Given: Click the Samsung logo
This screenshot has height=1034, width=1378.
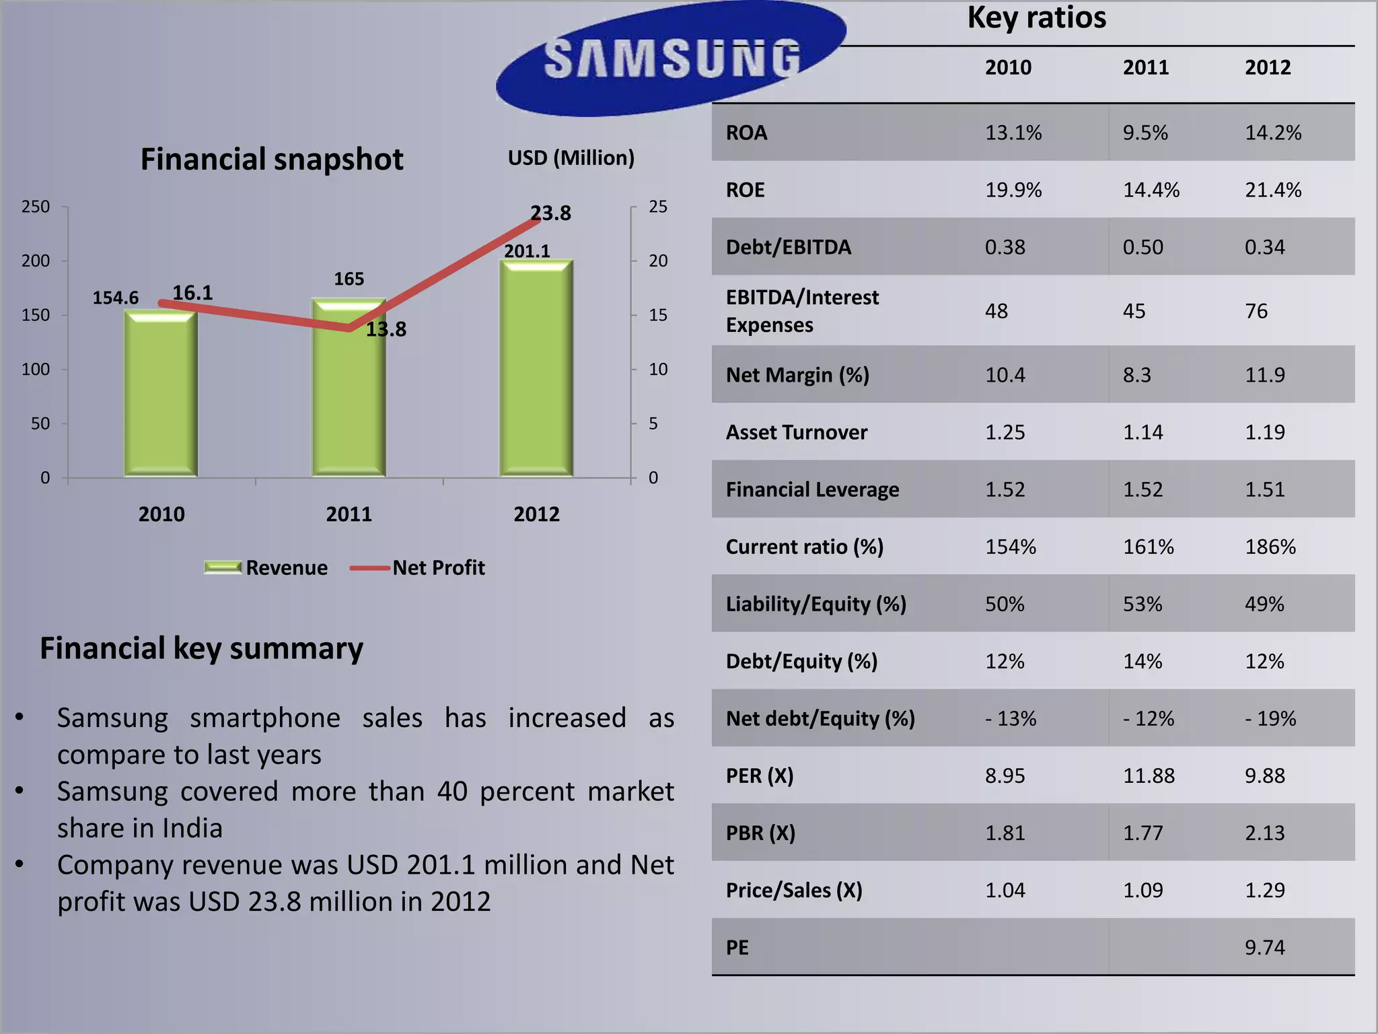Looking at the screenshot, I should pos(671,59).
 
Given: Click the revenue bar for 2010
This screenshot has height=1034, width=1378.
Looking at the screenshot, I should pos(161,397).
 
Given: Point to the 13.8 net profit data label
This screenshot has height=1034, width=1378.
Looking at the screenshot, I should pos(386,329).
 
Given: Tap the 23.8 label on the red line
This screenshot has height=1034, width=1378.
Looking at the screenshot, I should pos(550,213).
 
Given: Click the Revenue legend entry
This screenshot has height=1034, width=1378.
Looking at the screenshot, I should pos(266,567).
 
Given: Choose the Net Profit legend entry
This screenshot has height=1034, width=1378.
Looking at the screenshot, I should pos(418,567).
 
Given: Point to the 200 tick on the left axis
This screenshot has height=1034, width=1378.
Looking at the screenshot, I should pos(36,261).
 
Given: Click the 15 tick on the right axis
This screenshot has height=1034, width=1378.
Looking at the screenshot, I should pos(657,315).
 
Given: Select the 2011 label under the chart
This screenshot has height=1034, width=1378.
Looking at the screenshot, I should pos(349,514).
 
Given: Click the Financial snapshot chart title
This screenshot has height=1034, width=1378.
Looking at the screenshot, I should pos(272,160).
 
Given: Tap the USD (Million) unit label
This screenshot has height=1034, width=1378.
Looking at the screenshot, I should pos(571,158).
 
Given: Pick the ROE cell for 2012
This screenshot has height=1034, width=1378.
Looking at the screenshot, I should pos(1272,190).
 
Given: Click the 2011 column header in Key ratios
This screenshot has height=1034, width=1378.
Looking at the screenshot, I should pos(1145,67).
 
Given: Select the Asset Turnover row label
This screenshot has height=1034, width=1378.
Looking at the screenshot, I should pos(796,432).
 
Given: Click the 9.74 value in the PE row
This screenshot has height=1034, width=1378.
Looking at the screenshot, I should pos(1264,947).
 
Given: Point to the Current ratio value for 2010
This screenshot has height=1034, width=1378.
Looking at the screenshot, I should pos(1010,547).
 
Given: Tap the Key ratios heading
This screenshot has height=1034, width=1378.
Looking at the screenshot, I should pos(1036,18).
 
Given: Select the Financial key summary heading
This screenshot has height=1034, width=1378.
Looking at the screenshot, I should pos(201,648).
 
